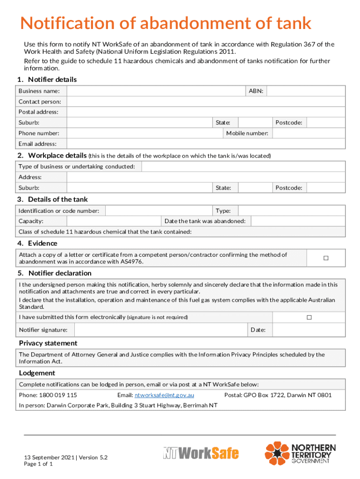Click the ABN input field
(306, 91)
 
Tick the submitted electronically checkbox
(309, 317)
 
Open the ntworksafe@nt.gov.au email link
(164, 395)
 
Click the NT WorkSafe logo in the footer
(201, 453)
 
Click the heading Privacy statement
(48, 343)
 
